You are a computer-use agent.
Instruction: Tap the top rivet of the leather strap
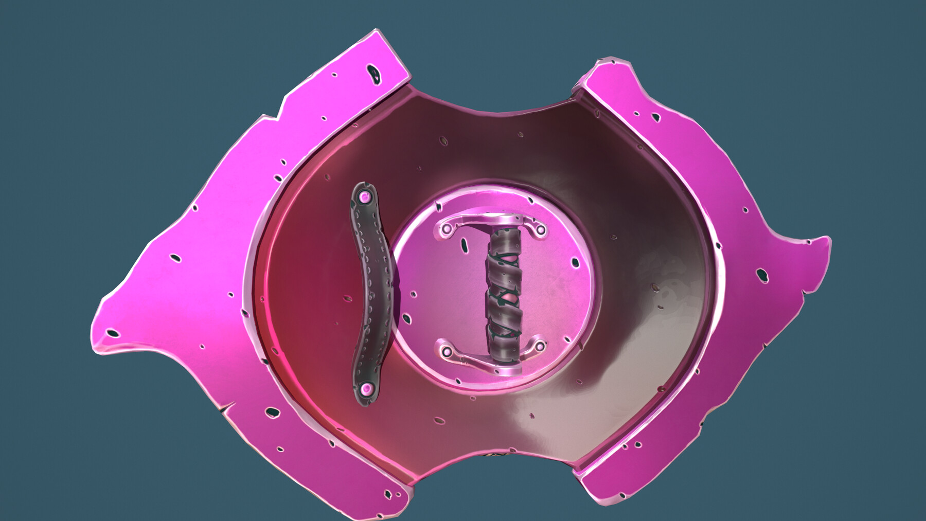click(x=365, y=196)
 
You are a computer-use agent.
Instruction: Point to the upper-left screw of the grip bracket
click(x=446, y=226)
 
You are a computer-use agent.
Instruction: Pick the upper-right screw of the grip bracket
click(x=540, y=230)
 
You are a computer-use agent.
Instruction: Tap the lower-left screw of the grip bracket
click(x=447, y=352)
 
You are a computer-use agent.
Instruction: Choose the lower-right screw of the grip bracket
click(x=539, y=347)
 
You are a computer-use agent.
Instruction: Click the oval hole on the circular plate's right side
click(x=575, y=263)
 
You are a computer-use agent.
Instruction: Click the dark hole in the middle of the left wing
click(x=176, y=257)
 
